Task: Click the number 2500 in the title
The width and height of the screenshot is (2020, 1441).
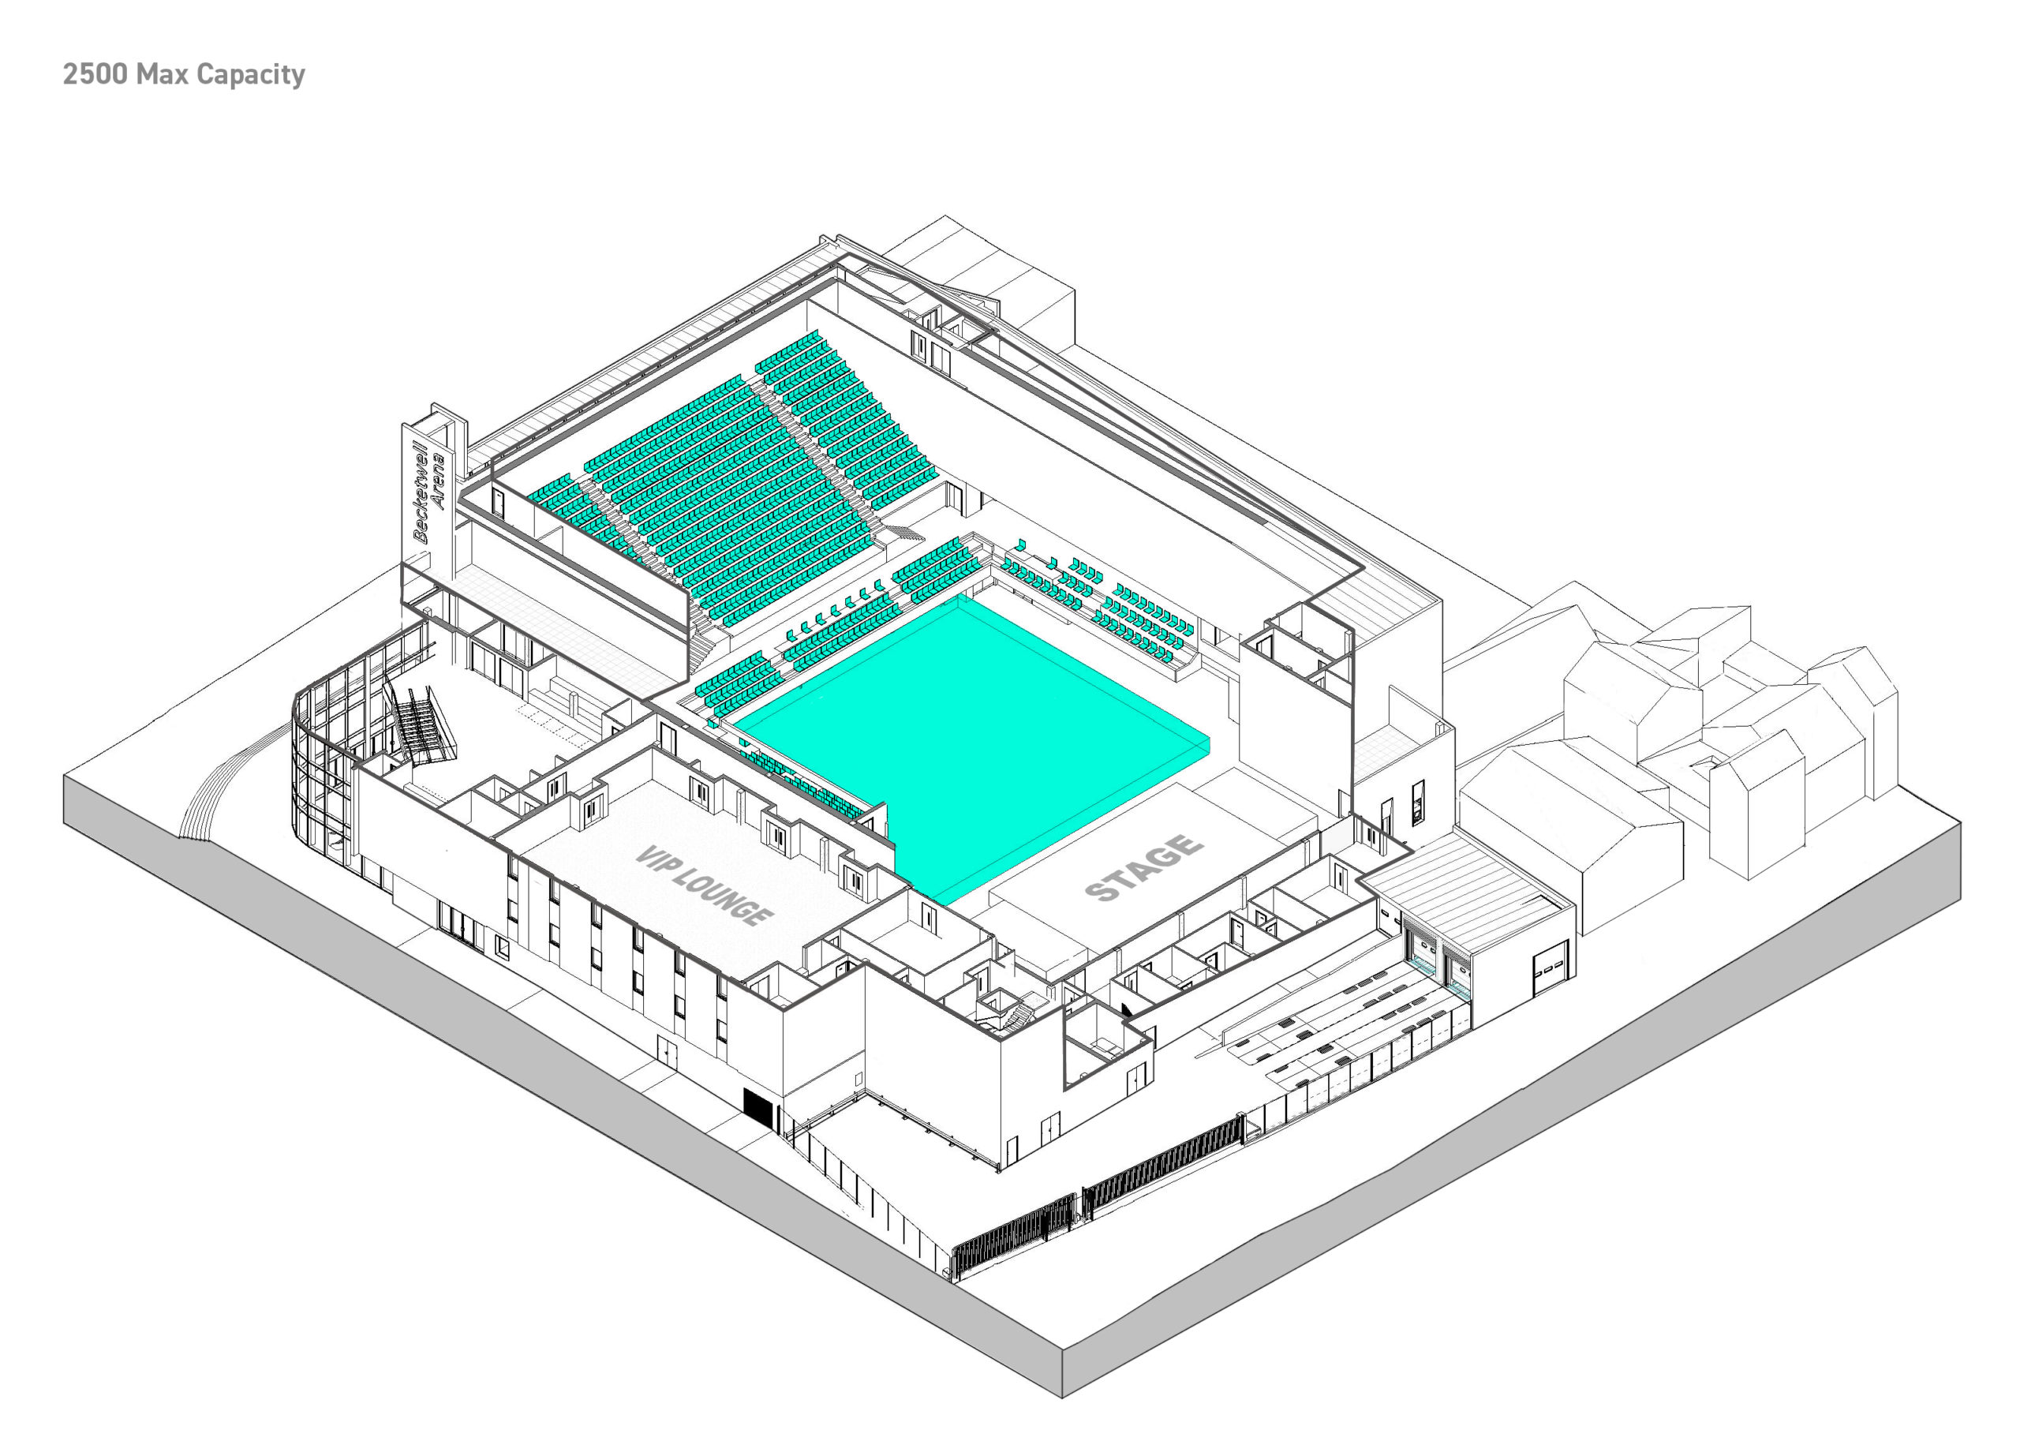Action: [x=95, y=73]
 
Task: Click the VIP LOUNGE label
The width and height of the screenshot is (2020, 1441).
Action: [x=704, y=885]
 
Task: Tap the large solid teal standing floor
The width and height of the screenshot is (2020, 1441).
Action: [x=971, y=745]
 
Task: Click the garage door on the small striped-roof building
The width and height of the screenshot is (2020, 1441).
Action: [x=1550, y=970]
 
